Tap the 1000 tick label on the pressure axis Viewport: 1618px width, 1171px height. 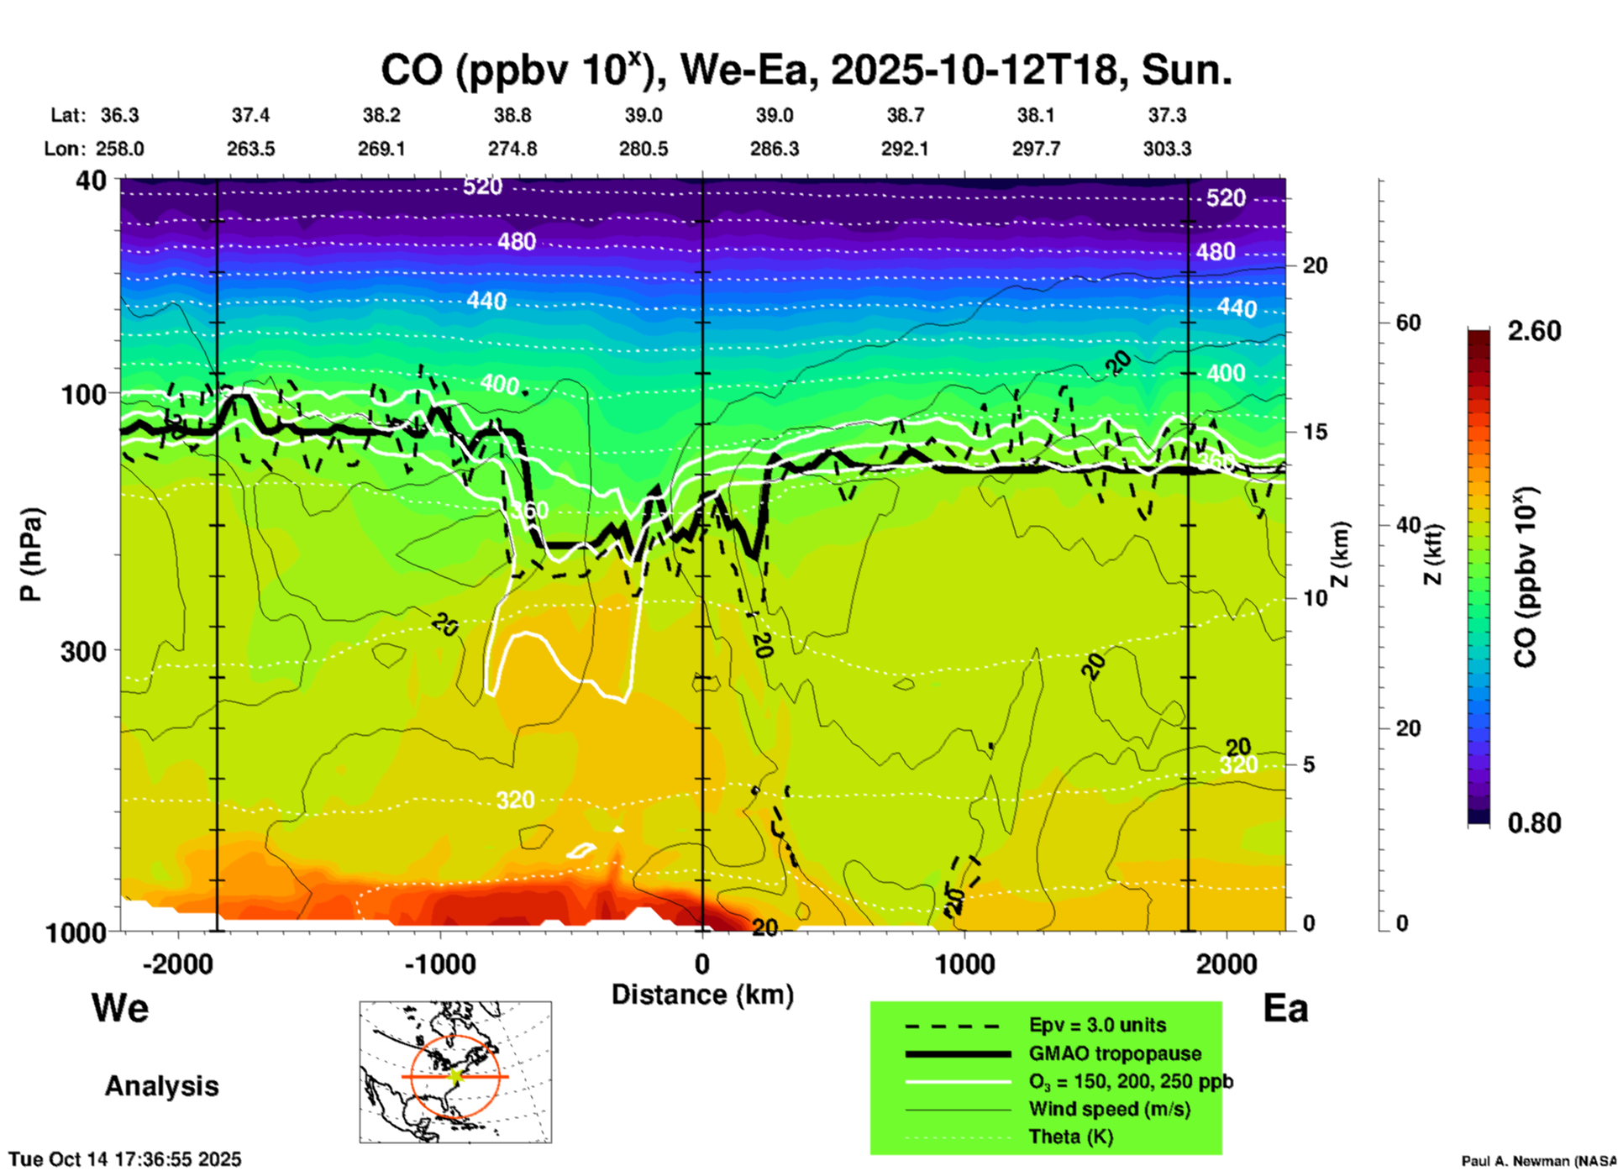tap(84, 932)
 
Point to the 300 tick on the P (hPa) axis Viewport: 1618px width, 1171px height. tap(84, 651)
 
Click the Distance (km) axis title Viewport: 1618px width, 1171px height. tap(702, 995)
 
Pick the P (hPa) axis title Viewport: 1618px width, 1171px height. tap(31, 554)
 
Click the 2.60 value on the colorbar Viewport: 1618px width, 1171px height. tap(1534, 331)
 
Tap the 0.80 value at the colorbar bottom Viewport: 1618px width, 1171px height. tap(1534, 822)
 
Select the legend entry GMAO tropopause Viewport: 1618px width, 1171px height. tap(1115, 1053)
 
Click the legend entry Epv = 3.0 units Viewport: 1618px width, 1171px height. tap(1097, 1025)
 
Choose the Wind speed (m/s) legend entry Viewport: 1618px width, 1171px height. tap(1109, 1109)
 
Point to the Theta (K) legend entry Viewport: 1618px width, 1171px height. tap(1070, 1137)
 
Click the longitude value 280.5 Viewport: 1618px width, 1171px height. tap(644, 149)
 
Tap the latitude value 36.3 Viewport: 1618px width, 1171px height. tap(120, 115)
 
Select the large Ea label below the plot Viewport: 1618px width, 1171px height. tap(1285, 1008)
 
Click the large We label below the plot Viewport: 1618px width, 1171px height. tap(120, 1008)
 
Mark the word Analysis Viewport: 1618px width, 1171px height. tap(161, 1085)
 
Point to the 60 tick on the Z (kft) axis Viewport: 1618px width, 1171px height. tap(1408, 323)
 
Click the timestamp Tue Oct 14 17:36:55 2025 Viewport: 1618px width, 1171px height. tap(125, 1159)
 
